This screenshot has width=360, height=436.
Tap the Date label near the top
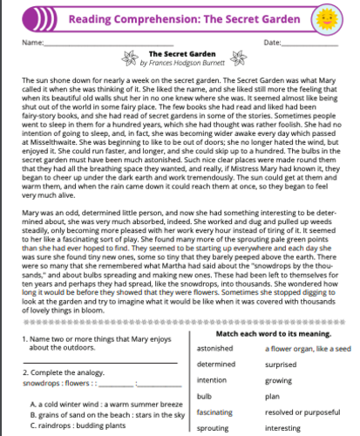pyautogui.click(x=270, y=42)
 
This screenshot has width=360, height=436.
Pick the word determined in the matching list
pyautogui.click(x=217, y=363)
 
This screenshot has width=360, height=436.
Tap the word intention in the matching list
pyautogui.click(x=212, y=379)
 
